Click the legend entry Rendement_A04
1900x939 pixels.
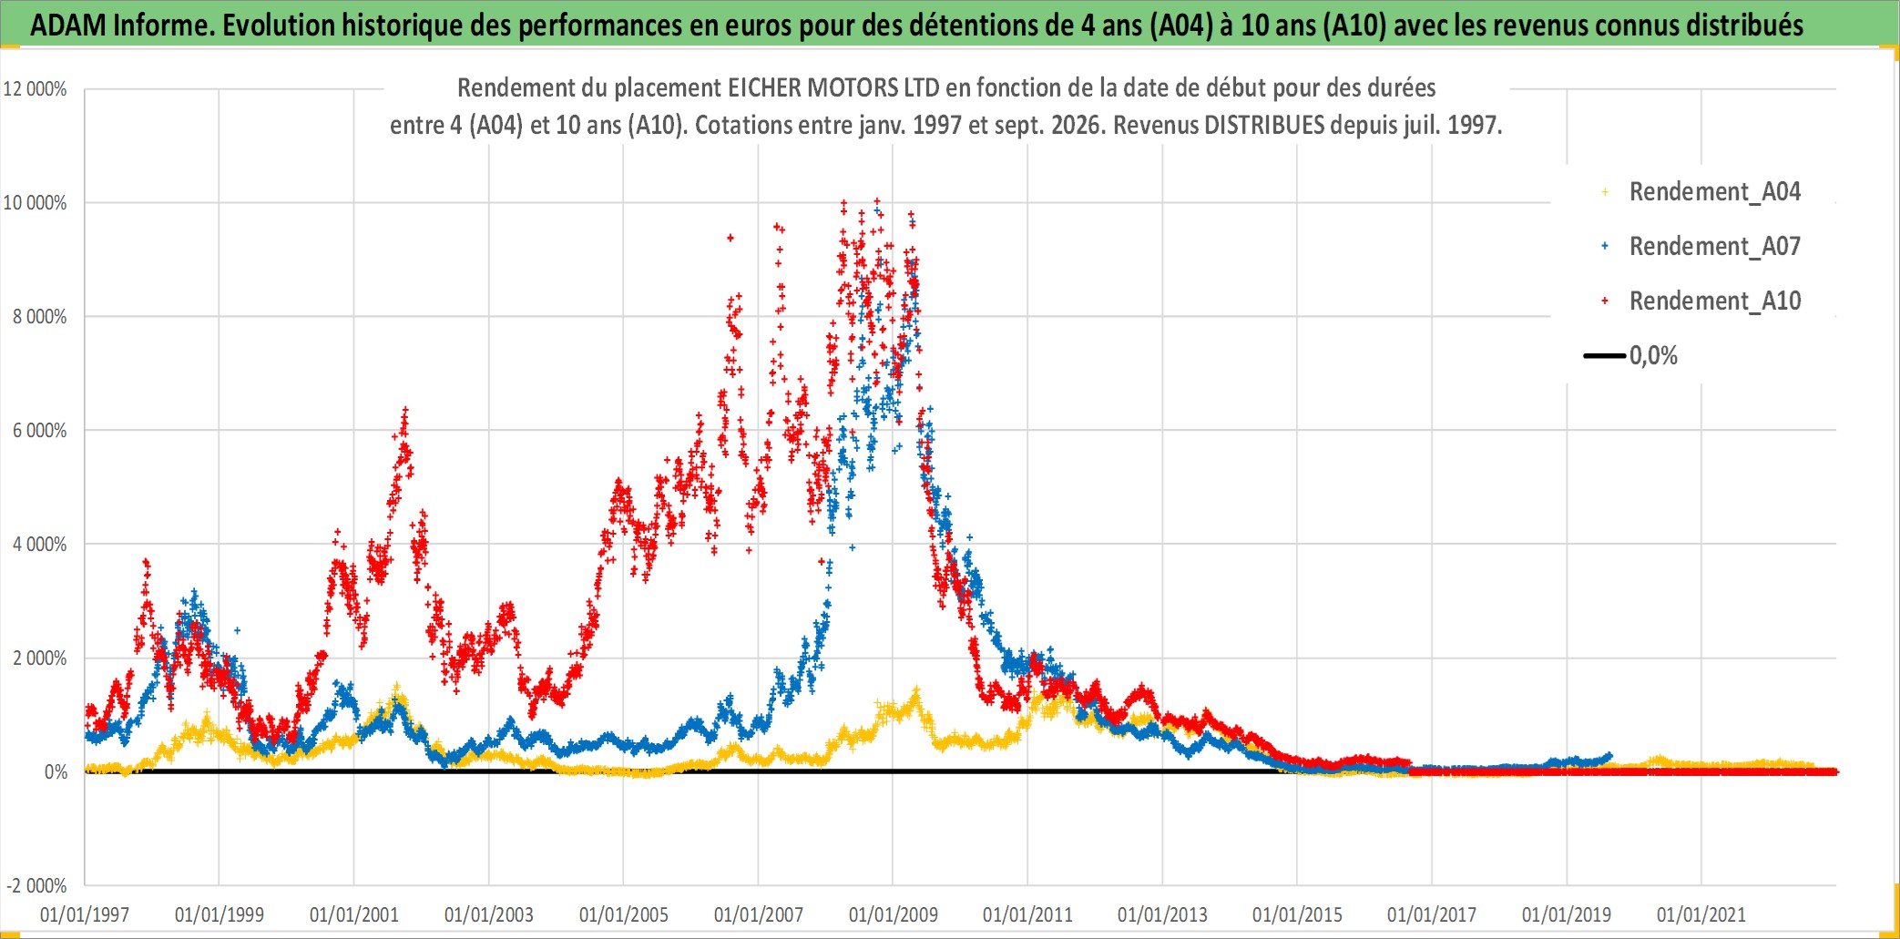click(x=1714, y=191)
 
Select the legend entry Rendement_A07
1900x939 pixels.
click(x=1714, y=246)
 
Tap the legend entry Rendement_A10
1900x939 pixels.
click(x=1714, y=301)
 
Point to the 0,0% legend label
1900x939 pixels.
click(x=1653, y=355)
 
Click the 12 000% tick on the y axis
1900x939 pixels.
click(x=36, y=89)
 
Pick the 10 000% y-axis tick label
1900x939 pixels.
click(x=36, y=203)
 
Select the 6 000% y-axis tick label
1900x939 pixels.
click(x=39, y=431)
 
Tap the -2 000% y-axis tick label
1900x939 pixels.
click(x=37, y=886)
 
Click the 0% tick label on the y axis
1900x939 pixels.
click(x=56, y=772)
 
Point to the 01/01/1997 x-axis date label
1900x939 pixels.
click(x=85, y=914)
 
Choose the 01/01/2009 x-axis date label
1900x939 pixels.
click(x=893, y=914)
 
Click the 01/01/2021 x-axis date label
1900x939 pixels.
click(x=1701, y=914)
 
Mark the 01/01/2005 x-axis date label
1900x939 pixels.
click(x=624, y=914)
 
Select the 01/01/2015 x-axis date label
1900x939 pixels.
click(x=1297, y=914)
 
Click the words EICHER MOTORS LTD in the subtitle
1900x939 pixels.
click(x=833, y=87)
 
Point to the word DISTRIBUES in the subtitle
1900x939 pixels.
click(x=1264, y=125)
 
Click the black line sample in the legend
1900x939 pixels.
click(x=1605, y=355)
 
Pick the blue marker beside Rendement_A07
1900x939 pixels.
click(x=1605, y=246)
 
